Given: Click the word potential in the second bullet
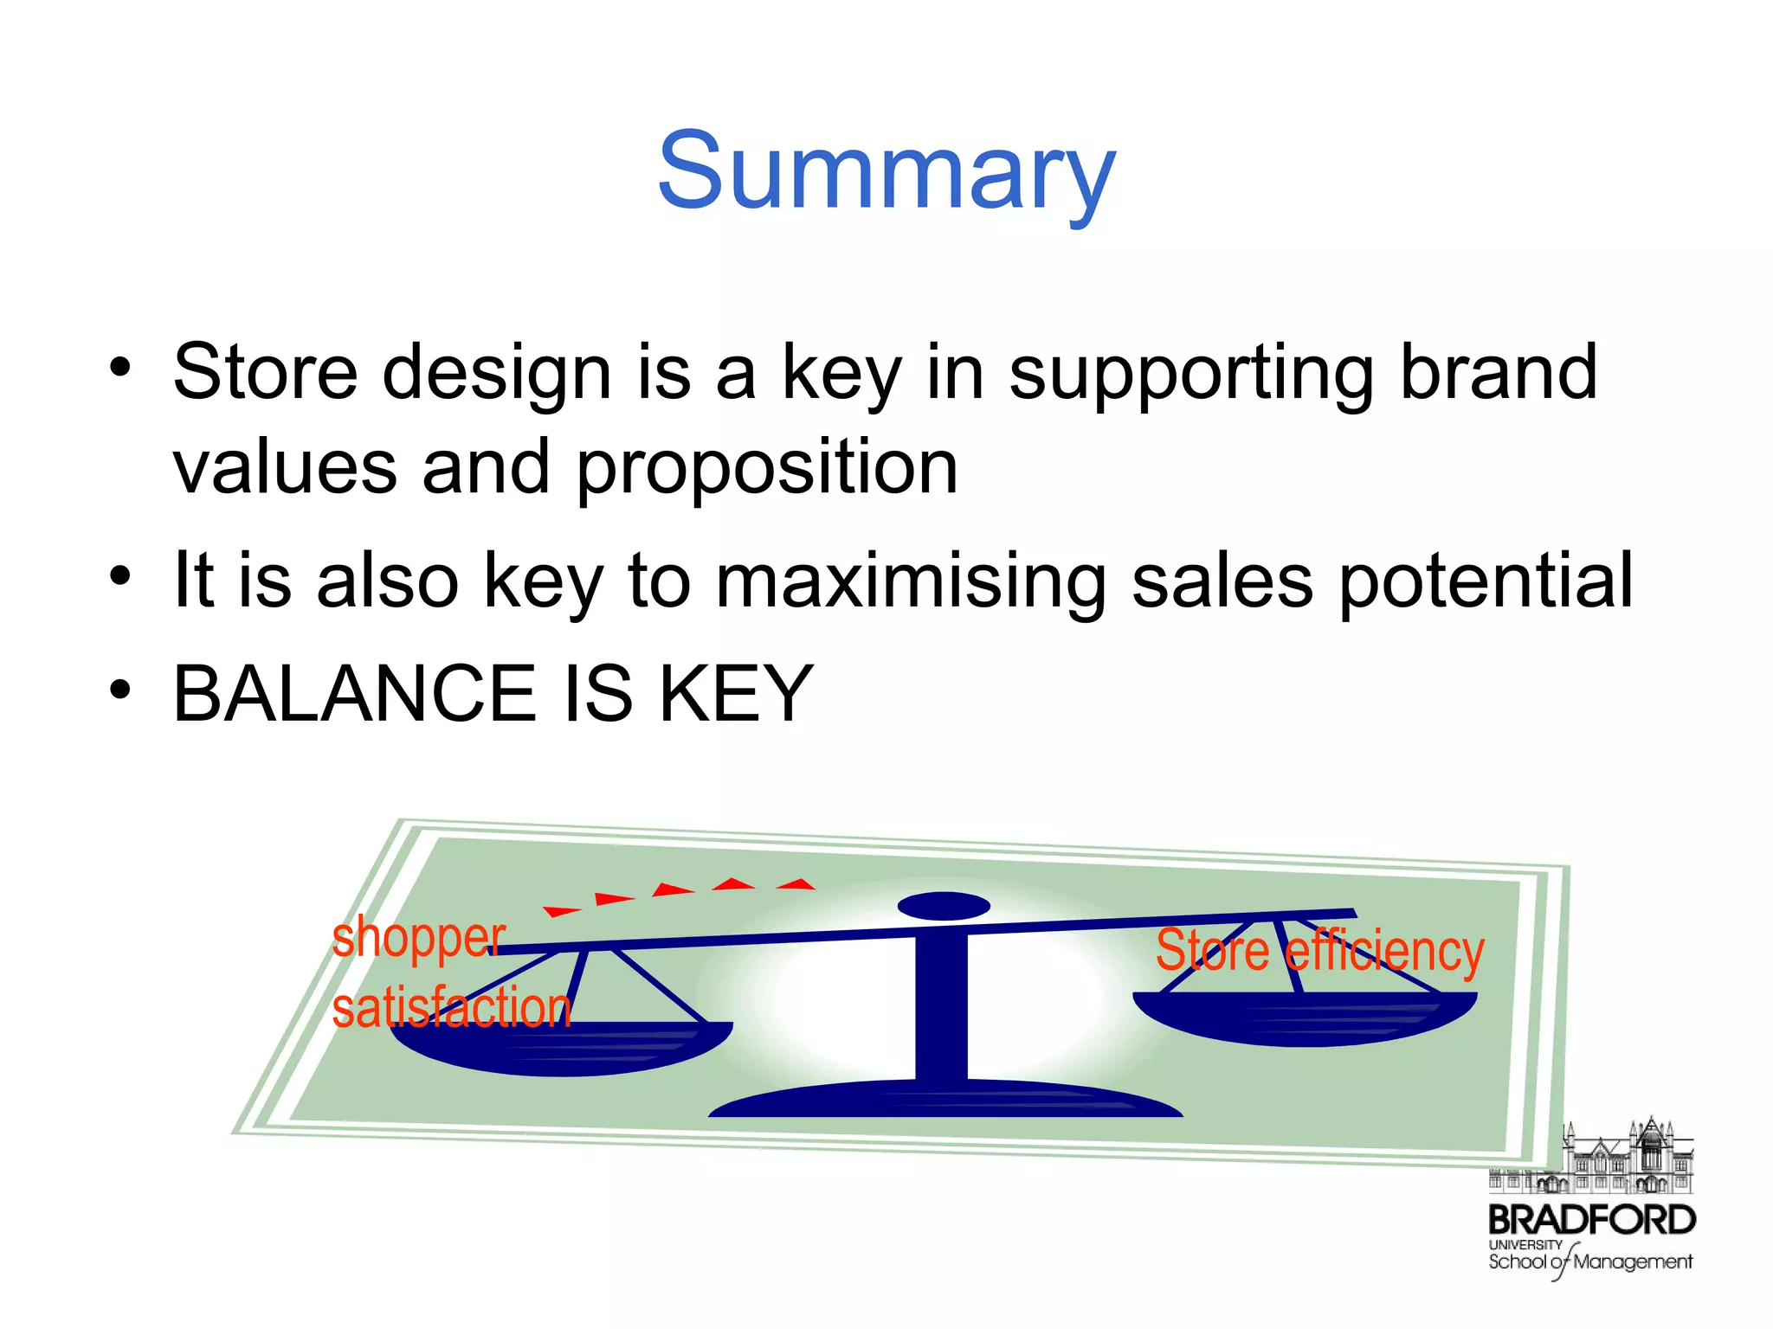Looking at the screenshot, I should click(1486, 581).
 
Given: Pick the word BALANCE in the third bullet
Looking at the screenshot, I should click(355, 694).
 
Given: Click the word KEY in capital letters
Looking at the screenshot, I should click(736, 694).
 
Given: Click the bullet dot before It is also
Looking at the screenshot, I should click(120, 576).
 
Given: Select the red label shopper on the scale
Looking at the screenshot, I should click(418, 938).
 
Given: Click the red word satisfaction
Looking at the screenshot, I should click(451, 1009).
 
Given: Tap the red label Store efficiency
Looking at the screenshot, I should click(1319, 950).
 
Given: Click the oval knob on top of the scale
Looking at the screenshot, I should click(944, 906).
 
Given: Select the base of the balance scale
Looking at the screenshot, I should click(945, 1101).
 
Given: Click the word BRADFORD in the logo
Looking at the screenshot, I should click(1591, 1220).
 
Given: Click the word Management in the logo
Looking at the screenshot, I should click(1633, 1262).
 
